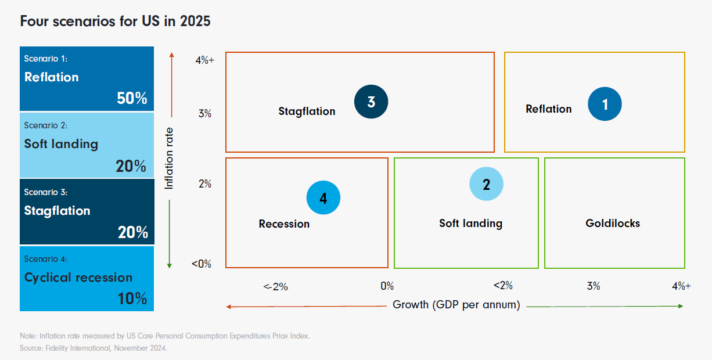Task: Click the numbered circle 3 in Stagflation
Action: point(371,102)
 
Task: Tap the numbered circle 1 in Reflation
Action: point(605,105)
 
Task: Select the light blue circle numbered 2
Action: point(486,184)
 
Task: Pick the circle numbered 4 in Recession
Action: point(323,198)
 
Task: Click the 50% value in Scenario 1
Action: point(132,98)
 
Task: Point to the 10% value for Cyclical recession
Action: point(132,298)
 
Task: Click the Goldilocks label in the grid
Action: point(613,223)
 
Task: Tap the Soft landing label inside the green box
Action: point(470,223)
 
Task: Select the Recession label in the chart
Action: point(284,224)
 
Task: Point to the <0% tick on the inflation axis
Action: point(202,264)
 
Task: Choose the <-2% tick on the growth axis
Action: point(275,286)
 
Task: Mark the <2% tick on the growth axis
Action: point(503,286)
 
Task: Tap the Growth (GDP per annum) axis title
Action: point(456,305)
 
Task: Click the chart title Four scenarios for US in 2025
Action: point(115,21)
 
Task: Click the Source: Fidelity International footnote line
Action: point(93,348)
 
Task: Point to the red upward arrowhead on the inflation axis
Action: point(172,55)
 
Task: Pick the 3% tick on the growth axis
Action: point(593,286)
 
